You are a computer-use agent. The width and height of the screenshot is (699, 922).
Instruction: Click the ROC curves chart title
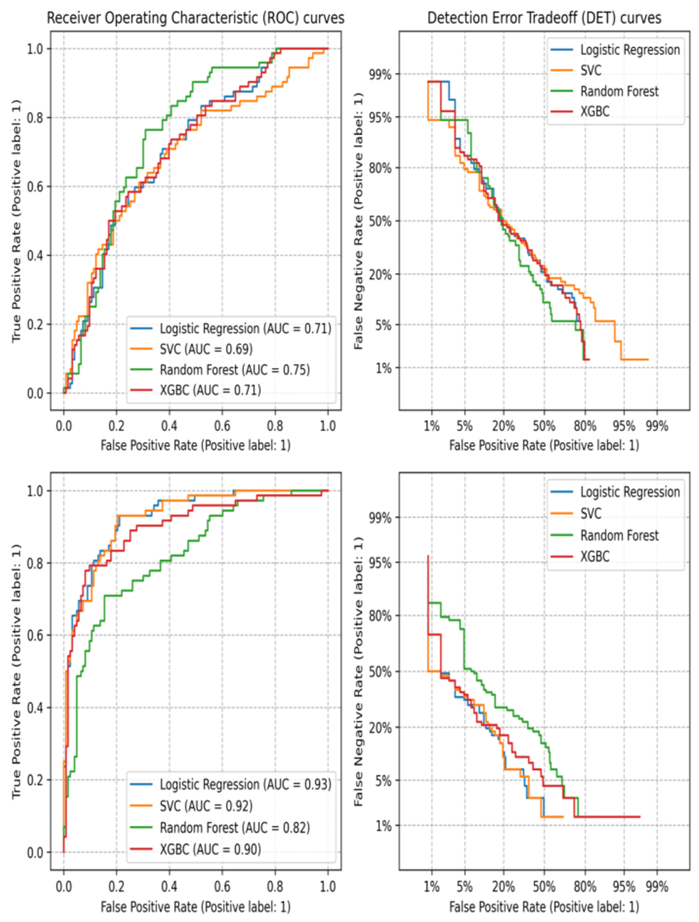[195, 18]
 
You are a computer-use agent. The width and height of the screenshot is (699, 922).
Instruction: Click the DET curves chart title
[544, 18]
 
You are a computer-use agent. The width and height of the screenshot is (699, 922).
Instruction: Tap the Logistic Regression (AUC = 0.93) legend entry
[245, 784]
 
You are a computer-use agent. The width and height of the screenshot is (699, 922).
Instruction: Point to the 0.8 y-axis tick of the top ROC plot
[35, 118]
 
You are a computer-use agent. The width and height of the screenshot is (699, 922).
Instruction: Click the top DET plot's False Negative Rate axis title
[358, 221]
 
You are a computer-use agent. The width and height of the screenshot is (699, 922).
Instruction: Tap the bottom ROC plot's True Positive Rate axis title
[16, 672]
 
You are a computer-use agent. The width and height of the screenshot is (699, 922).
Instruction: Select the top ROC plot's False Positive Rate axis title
[195, 445]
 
